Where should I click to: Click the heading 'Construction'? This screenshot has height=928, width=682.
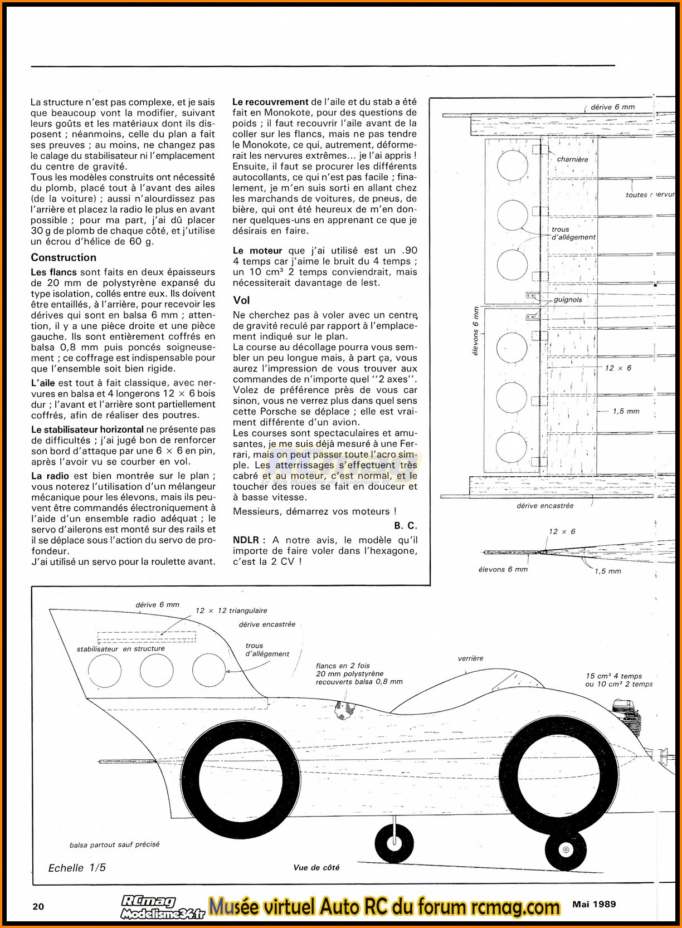tap(64, 257)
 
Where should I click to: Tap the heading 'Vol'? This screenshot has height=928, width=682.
tap(241, 300)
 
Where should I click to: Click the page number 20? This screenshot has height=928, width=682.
tap(38, 906)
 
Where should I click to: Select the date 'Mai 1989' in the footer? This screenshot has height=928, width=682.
tap(594, 904)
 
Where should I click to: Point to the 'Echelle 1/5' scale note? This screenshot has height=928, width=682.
tap(77, 868)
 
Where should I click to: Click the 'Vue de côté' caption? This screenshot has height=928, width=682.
tap(316, 867)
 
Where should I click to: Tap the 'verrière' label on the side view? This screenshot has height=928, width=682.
tap(470, 658)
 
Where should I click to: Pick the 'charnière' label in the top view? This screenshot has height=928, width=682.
tap(572, 159)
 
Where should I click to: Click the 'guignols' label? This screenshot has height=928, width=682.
tap(568, 300)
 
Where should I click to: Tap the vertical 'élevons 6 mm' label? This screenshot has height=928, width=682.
tap(475, 331)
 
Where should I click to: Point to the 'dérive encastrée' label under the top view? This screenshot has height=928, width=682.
tap(545, 506)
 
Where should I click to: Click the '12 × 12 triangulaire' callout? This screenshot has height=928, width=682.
tap(231, 610)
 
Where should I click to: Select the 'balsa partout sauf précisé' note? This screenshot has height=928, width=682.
tap(114, 844)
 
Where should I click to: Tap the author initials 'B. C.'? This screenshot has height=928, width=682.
tap(405, 526)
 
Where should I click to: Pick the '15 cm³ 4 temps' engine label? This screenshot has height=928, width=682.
tap(613, 676)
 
